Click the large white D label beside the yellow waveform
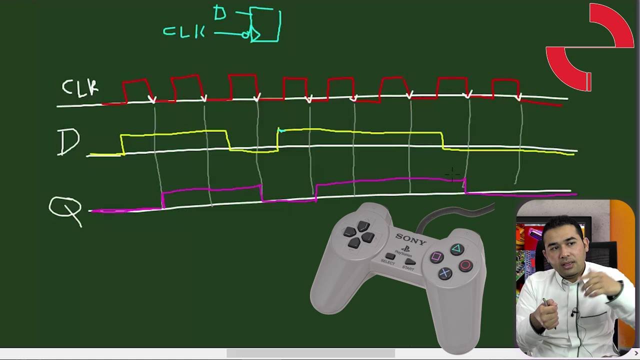pos(68,142)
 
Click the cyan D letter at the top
pos(220,13)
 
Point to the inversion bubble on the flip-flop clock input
pos(245,35)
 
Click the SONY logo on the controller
pos(411,239)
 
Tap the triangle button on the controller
pos(457,248)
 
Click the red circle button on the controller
pos(465,265)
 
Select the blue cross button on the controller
pos(445,273)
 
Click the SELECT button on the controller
pos(389,255)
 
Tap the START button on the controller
pos(410,261)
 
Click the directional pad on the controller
pos(359,234)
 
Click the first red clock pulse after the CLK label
pos(136,90)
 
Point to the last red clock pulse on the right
pos(505,89)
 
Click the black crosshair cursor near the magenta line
pos(452,174)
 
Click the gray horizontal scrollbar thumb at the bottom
pos(311,353)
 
